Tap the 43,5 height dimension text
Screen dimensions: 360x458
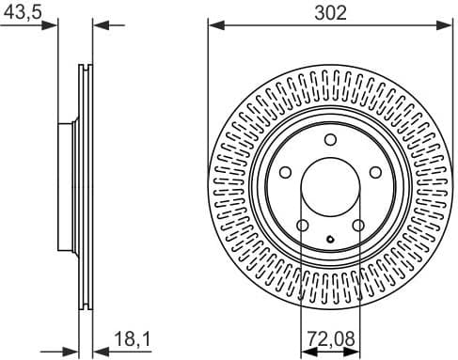point(20,11)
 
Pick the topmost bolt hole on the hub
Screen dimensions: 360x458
point(330,140)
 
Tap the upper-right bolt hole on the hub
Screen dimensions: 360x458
point(375,173)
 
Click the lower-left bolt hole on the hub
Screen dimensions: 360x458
point(302,226)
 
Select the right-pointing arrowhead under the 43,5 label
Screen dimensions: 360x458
point(51,25)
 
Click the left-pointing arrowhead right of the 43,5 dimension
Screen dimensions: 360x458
point(101,25)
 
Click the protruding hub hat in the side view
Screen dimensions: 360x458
point(65,188)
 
